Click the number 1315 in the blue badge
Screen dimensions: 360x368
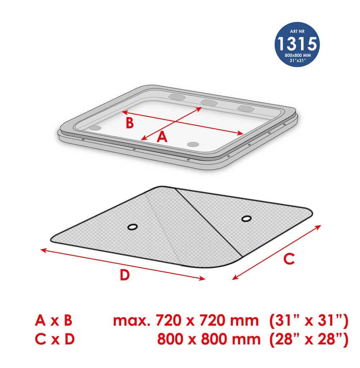tap(297, 44)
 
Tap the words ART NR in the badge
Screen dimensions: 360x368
tap(297, 31)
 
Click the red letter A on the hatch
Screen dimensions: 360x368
tap(162, 137)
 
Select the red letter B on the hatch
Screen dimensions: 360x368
tap(130, 123)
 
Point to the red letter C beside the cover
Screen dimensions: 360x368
tap(289, 259)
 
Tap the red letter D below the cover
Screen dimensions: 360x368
tap(125, 274)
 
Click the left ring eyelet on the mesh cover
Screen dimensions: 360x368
tap(132, 227)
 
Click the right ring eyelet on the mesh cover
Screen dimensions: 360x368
tap(246, 219)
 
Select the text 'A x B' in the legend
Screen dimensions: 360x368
tap(54, 321)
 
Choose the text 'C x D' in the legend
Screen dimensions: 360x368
tap(55, 339)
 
